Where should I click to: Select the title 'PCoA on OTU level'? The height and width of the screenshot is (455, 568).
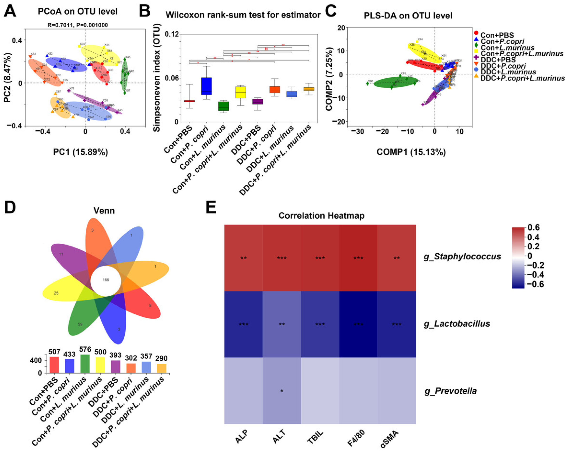tap(78, 12)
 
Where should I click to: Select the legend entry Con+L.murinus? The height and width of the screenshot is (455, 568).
tap(508, 48)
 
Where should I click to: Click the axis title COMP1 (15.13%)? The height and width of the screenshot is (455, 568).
tap(411, 152)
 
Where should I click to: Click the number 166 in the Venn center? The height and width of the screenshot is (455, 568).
tap(106, 280)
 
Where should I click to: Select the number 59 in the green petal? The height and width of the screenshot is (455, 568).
tap(80, 324)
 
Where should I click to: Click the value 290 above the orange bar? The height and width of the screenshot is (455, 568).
tap(162, 358)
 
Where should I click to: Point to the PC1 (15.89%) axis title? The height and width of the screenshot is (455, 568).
tap(80, 152)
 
